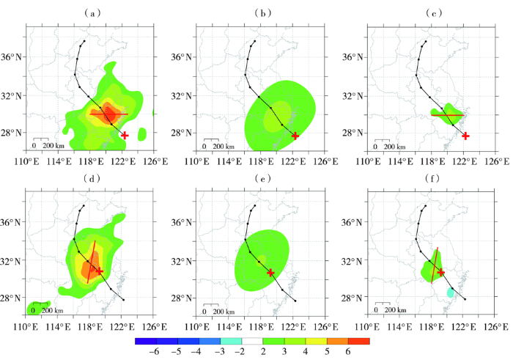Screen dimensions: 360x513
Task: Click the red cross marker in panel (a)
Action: pos(125,135)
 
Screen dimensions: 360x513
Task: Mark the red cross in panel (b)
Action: pos(295,136)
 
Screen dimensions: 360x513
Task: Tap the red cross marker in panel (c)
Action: pos(465,136)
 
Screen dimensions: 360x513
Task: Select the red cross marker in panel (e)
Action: pos(270,272)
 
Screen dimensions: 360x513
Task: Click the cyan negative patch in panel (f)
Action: pos(451,293)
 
